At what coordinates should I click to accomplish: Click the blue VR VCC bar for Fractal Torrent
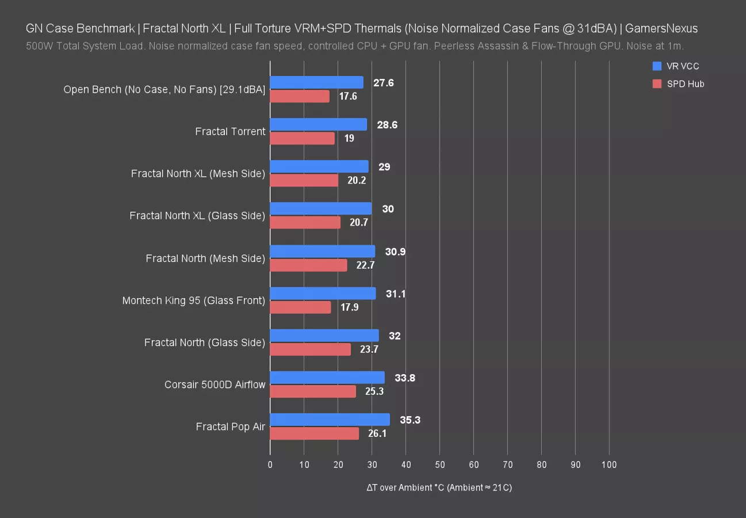pyautogui.click(x=318, y=124)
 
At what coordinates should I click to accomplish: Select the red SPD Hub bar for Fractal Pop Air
pyautogui.click(x=314, y=433)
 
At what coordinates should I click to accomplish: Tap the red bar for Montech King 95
pyautogui.click(x=300, y=307)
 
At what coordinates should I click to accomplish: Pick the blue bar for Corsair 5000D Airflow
pyautogui.click(x=327, y=378)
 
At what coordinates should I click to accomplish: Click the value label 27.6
pyautogui.click(x=384, y=83)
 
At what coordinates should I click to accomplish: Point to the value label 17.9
pyautogui.click(x=350, y=307)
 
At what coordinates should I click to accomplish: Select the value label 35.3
pyautogui.click(x=410, y=420)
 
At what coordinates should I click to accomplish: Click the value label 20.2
pyautogui.click(x=357, y=181)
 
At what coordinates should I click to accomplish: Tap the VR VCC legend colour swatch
pyautogui.click(x=657, y=66)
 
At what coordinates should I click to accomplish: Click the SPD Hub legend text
pyautogui.click(x=686, y=84)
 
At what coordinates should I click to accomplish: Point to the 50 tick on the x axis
pyautogui.click(x=440, y=465)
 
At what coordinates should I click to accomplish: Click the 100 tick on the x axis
pyautogui.click(x=609, y=465)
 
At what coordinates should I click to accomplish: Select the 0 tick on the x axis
pyautogui.click(x=270, y=465)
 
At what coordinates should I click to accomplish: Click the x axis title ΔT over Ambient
pyautogui.click(x=439, y=487)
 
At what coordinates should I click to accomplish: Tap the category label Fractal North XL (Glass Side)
pyautogui.click(x=197, y=216)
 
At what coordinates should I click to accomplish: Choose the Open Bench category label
pyautogui.click(x=164, y=89)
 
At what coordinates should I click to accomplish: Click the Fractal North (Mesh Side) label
pyautogui.click(x=205, y=258)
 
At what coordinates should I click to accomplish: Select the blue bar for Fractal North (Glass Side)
pyautogui.click(x=324, y=336)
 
